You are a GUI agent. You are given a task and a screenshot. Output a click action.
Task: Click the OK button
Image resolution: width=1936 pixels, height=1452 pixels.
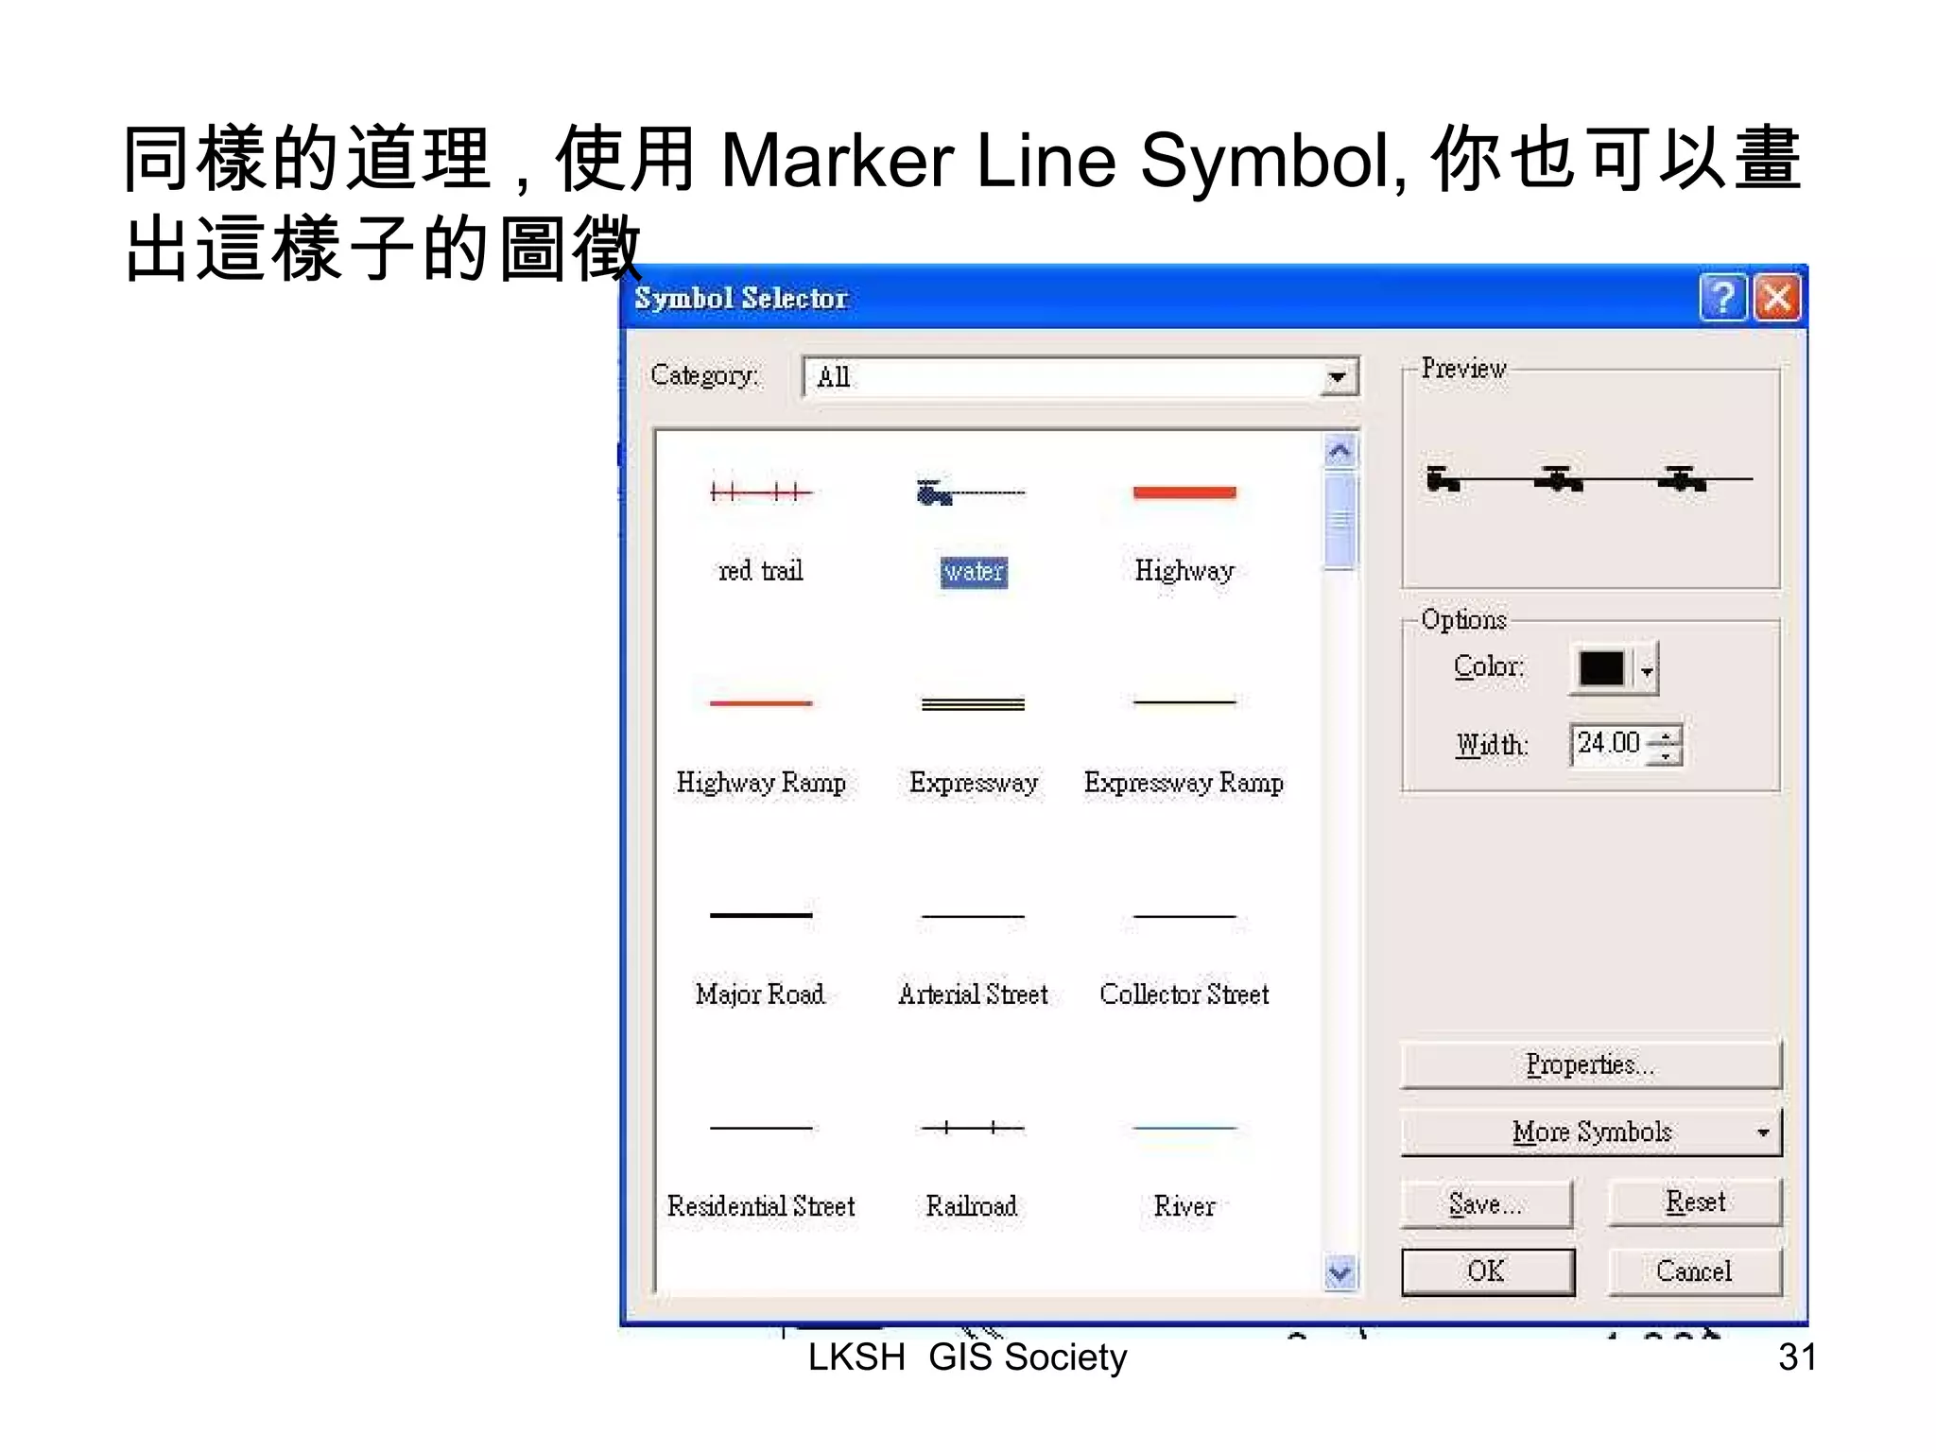pyautogui.click(x=1487, y=1271)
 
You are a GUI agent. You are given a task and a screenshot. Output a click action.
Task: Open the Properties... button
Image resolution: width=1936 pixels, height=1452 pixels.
pyautogui.click(x=1590, y=1065)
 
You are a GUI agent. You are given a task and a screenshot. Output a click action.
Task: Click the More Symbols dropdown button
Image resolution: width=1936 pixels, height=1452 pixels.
pyautogui.click(x=1591, y=1132)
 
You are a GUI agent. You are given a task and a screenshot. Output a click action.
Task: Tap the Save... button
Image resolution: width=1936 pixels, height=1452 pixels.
pyautogui.click(x=1486, y=1203)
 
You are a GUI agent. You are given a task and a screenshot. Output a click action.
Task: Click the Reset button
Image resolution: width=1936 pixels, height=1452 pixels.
pyautogui.click(x=1694, y=1201)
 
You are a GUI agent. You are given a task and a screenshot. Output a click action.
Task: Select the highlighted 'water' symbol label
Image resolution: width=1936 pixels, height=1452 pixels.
pyautogui.click(x=974, y=572)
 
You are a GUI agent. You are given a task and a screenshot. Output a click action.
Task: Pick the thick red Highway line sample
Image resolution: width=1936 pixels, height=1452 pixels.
pyautogui.click(x=1184, y=493)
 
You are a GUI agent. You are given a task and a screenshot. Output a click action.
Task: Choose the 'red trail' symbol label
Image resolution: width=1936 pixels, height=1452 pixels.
pyautogui.click(x=761, y=571)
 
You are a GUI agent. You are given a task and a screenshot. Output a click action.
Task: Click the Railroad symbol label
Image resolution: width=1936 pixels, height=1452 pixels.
pyautogui.click(x=972, y=1206)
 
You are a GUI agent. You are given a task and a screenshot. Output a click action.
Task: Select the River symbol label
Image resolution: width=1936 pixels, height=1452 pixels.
pyautogui.click(x=1184, y=1206)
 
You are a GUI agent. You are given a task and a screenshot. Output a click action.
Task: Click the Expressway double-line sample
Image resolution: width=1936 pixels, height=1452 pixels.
pyautogui.click(x=973, y=704)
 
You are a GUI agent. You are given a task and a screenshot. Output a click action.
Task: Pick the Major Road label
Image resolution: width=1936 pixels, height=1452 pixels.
pyautogui.click(x=760, y=994)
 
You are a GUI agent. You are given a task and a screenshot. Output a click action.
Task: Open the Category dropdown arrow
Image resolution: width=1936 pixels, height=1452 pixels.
pyautogui.click(x=1337, y=377)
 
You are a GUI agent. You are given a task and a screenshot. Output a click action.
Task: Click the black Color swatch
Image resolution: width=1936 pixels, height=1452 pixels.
pyautogui.click(x=1601, y=668)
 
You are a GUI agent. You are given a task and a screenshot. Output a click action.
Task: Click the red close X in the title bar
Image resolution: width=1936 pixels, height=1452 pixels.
pyautogui.click(x=1777, y=298)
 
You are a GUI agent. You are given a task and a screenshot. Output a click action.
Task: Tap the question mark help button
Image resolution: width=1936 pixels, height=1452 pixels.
pyautogui.click(x=1722, y=298)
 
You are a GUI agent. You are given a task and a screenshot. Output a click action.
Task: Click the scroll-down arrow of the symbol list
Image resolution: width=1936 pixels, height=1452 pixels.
pyautogui.click(x=1340, y=1272)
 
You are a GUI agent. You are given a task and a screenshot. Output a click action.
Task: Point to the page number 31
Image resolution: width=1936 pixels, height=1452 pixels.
pyautogui.click(x=1796, y=1357)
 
